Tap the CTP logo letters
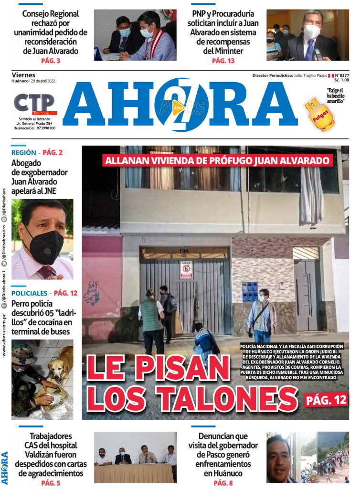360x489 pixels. coord(34,103)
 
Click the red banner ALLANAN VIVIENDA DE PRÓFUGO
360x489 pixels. coord(218,160)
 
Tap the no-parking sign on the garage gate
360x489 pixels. coord(186,270)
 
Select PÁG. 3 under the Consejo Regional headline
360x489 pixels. coord(51,61)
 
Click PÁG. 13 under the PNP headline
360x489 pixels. coord(222,61)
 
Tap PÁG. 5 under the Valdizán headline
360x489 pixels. coord(51,483)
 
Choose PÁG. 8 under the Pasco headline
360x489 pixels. coord(222,483)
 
